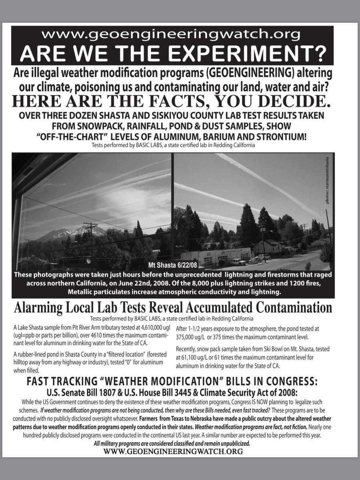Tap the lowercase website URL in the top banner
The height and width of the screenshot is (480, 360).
pos(172,35)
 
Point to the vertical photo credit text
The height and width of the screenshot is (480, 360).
pos(328,180)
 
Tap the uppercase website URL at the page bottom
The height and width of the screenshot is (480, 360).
pos(173,451)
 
